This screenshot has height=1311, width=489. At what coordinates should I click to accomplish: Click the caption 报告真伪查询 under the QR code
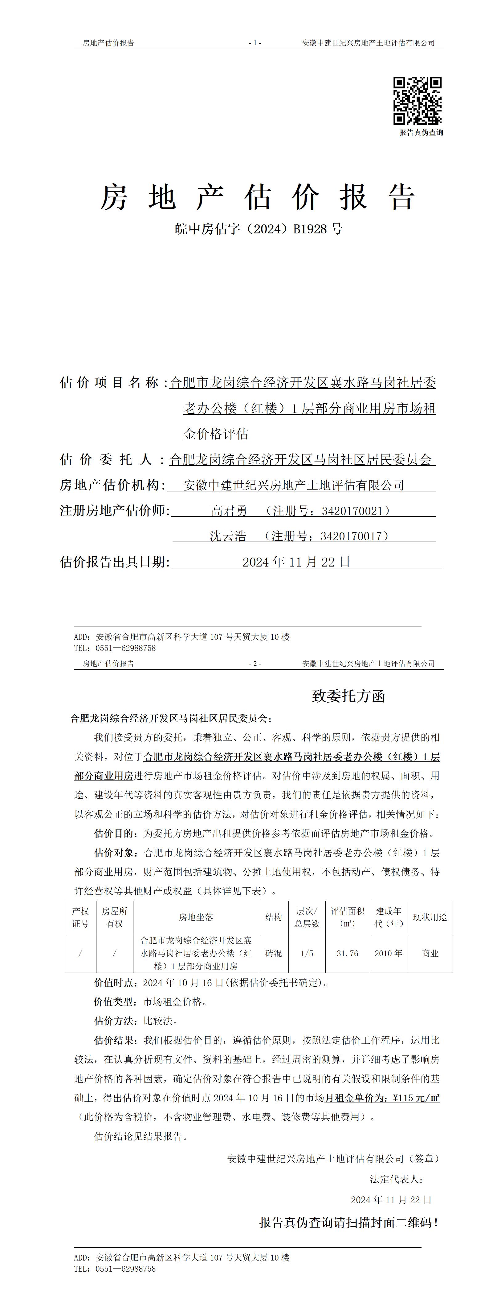tap(421, 133)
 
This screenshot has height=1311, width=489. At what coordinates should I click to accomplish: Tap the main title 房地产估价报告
tap(258, 197)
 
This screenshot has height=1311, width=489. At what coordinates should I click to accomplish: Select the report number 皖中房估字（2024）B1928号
tap(258, 229)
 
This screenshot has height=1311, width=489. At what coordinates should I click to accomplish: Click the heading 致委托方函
tap(348, 696)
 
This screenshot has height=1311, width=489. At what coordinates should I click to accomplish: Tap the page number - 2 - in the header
tap(255, 664)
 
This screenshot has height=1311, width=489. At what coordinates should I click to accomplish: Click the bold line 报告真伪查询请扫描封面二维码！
tap(349, 1222)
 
